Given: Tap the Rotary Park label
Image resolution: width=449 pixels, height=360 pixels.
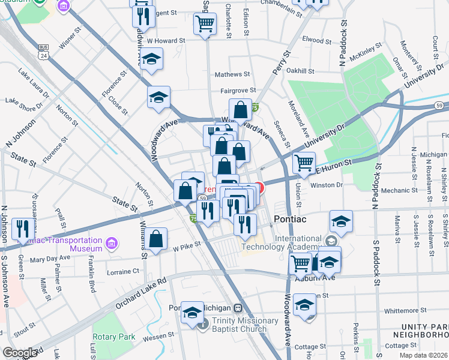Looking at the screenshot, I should tap(114, 337).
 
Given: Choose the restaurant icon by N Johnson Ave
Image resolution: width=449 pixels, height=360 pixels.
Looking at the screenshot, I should tap(20, 227).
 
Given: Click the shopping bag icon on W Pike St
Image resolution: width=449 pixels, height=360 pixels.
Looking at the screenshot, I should tap(156, 238).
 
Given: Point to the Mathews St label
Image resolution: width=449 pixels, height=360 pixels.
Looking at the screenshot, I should tap(232, 74).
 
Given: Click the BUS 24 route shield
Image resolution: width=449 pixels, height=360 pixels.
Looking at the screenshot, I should tap(44, 52).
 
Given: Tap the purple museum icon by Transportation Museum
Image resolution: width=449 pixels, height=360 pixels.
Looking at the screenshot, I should tap(110, 244).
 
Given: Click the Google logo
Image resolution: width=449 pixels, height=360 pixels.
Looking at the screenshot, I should tap(20, 352).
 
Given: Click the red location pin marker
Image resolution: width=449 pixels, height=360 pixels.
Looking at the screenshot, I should tap(259, 188).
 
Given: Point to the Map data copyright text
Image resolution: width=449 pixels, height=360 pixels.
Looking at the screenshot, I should tap(424, 355).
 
